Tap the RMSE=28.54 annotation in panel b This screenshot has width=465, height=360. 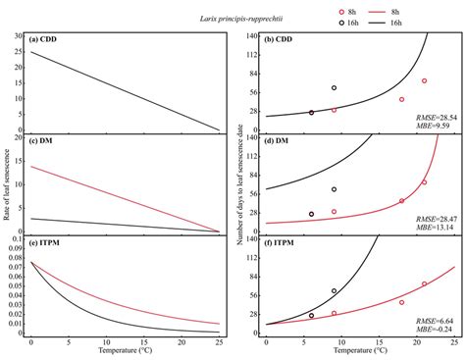coord(433,117)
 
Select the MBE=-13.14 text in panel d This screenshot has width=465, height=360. coord(433,226)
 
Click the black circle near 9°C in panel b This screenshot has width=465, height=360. coord(334,88)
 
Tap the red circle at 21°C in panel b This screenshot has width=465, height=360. coord(424,80)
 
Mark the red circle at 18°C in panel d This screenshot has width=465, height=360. coord(401,201)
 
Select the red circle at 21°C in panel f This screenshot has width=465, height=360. coord(424,283)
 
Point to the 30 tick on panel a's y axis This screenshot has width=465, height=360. coord(19,36)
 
